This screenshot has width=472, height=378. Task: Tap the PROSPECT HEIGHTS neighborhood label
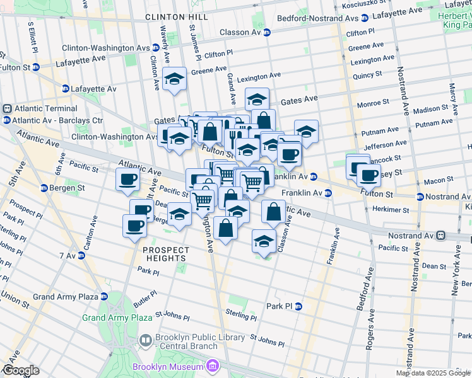click(166, 250)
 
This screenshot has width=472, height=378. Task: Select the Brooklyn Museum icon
click(213, 366)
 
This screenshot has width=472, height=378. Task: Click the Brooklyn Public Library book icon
click(145, 341)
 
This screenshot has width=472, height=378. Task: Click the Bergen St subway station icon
click(44, 188)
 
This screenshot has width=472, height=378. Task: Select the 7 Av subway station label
click(67, 256)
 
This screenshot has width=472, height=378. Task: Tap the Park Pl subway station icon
click(299, 306)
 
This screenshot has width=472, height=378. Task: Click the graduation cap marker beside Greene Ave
click(174, 79)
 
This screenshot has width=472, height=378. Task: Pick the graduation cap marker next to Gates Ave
click(256, 100)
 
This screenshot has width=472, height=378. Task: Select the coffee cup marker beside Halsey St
click(368, 175)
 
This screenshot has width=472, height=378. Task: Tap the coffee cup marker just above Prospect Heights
click(134, 224)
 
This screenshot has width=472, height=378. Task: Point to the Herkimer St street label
click(389, 209)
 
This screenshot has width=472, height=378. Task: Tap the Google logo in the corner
click(20, 370)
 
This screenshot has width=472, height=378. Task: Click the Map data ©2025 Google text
click(433, 373)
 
